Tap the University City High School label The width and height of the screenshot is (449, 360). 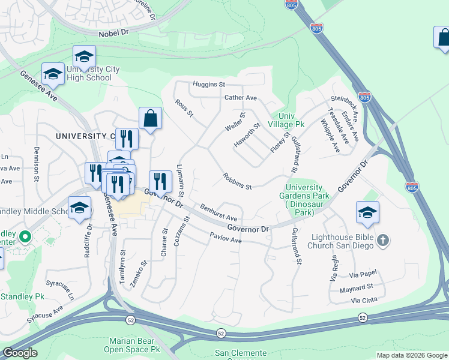click(x=89, y=74)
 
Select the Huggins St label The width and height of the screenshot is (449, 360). click(x=208, y=85)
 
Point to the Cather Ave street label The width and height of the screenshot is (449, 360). click(x=240, y=98)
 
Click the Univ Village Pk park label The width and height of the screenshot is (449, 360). click(x=287, y=120)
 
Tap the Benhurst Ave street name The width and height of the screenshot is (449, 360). click(x=219, y=213)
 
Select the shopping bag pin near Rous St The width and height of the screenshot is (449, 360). click(x=150, y=119)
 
